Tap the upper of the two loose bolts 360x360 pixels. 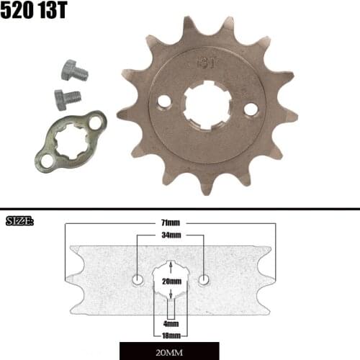point(72,71)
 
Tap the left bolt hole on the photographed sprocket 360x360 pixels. point(165,102)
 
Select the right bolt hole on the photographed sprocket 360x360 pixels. point(251,109)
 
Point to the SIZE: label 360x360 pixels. point(19,220)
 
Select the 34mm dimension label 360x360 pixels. point(171,235)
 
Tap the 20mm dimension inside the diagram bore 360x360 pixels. point(171,282)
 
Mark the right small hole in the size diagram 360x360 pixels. point(205,279)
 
